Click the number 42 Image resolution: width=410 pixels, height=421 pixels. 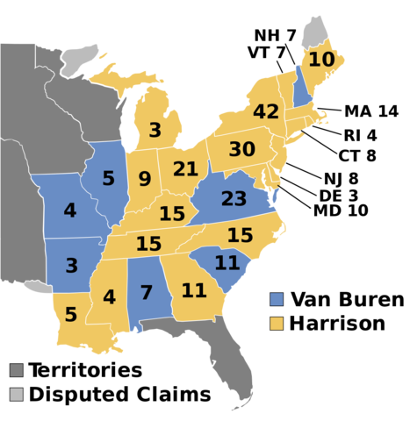click(x=265, y=112)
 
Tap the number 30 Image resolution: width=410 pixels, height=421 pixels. click(x=241, y=150)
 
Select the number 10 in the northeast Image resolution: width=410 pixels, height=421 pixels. click(x=321, y=60)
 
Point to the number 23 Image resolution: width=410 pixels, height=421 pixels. click(x=234, y=199)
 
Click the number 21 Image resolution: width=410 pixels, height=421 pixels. click(x=185, y=169)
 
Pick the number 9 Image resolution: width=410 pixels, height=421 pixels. click(x=145, y=180)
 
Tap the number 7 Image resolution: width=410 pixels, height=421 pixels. click(x=147, y=293)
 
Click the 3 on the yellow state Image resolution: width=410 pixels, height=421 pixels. click(x=155, y=131)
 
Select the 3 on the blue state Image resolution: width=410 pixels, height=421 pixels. click(x=72, y=266)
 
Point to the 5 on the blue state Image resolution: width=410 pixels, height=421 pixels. click(x=108, y=179)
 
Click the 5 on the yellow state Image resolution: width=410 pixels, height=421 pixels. click(x=70, y=315)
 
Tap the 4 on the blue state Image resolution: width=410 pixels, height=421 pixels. click(x=70, y=211)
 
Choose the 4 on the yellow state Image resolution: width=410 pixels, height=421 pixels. click(x=109, y=297)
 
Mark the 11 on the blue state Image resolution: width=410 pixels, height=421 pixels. click(x=227, y=263)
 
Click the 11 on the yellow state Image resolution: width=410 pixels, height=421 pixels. click(x=193, y=290)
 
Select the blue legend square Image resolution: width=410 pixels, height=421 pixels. click(x=277, y=299)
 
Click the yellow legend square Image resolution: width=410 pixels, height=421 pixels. click(x=277, y=323)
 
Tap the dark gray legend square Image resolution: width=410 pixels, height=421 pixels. click(x=17, y=370)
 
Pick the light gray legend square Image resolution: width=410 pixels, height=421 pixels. click(x=17, y=394)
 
